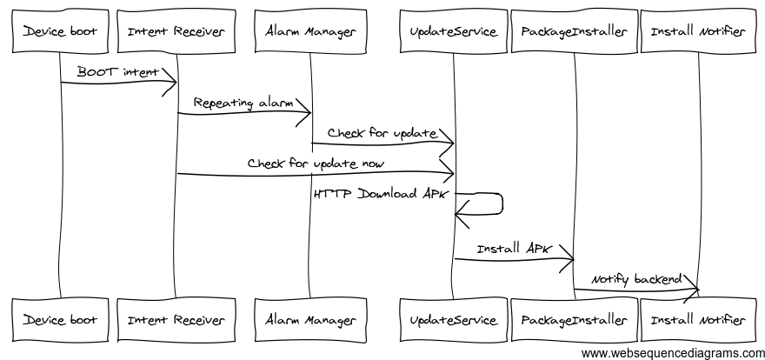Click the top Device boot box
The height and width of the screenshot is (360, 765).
point(60,32)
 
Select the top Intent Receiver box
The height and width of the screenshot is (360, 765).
point(176,32)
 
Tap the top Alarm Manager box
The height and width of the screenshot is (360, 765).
point(311,32)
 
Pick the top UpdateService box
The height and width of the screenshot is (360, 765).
point(453,32)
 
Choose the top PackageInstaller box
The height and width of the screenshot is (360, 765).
point(574,32)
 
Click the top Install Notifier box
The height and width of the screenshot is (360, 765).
point(698,32)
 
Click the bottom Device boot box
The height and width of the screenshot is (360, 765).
point(60,320)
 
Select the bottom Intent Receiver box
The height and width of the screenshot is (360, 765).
point(176,320)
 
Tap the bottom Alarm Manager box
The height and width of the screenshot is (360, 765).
point(311,320)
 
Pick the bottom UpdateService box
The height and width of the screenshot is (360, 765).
point(453,320)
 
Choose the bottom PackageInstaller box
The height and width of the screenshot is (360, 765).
point(574,320)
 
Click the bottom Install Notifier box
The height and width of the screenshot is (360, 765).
point(698,320)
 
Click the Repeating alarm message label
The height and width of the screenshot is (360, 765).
point(243,103)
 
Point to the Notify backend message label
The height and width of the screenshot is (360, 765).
point(635,279)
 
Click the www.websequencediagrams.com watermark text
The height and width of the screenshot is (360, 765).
point(672,352)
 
